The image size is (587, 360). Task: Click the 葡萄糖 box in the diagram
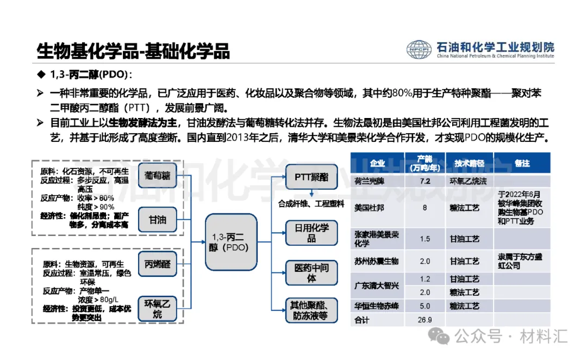coord(158,176)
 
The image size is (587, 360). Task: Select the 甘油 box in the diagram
coord(158,220)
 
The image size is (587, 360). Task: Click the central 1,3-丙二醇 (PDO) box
coord(231,242)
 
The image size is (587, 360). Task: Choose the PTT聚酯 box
coord(311,177)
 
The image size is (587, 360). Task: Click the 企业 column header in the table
coord(377,163)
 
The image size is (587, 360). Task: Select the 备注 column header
coord(522,163)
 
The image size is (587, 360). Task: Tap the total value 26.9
coord(424,320)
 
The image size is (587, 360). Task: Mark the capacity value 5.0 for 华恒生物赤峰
coord(424,306)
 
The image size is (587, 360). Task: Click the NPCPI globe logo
coord(419,49)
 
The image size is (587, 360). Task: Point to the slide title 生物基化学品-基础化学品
coord(133,51)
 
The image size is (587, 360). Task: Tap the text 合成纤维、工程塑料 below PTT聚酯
coord(311,204)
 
